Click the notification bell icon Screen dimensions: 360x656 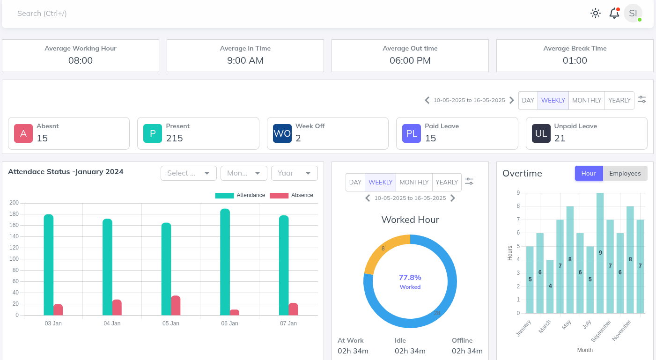pos(614,13)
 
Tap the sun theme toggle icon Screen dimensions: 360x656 pos(595,13)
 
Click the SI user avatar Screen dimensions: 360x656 pos(633,13)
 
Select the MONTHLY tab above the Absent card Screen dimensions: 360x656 pos(586,100)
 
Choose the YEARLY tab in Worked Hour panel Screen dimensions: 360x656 pos(447,182)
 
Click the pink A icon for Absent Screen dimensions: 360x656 pos(23,133)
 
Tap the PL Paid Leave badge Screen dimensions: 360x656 pos(412,133)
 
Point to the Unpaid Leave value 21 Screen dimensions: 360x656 pos(560,138)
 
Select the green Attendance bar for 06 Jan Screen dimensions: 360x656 pos(225,262)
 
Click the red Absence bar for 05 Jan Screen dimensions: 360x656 pos(176,306)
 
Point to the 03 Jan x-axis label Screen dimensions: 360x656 pos(53,323)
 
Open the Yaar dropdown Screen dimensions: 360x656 pos(294,173)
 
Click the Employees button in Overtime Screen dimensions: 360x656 pos(625,173)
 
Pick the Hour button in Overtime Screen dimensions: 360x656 pos(589,173)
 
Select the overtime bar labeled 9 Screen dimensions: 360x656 pos(600,253)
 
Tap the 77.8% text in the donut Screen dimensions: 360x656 pos(410,277)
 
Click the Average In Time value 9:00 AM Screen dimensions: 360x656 pos(245,60)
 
